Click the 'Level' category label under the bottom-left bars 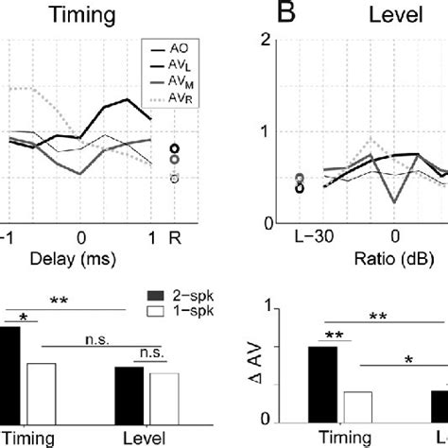(146, 438)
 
